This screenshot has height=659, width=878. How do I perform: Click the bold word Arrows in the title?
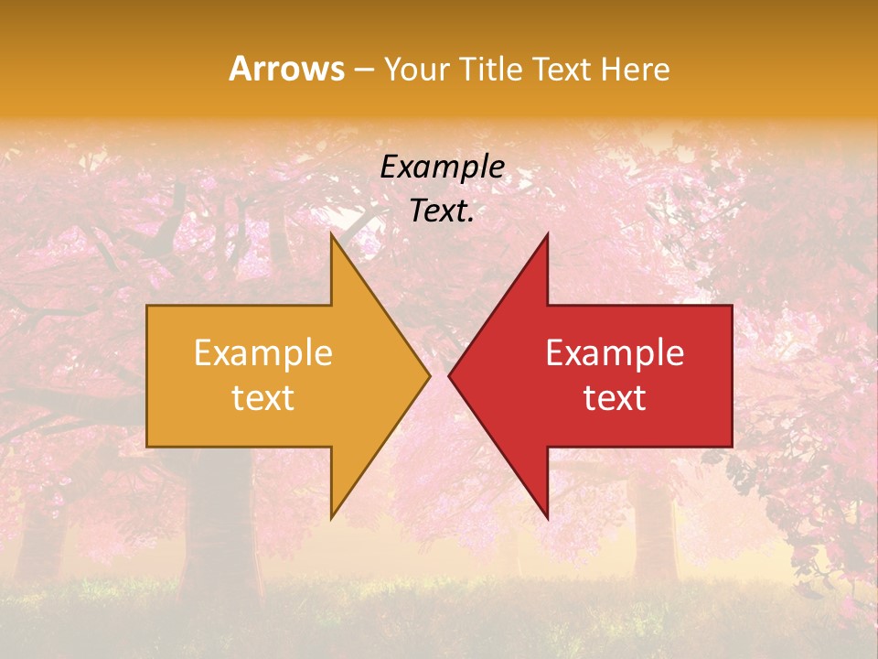(286, 69)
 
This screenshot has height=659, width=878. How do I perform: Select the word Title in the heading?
(491, 69)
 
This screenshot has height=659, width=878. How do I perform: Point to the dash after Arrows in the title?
(363, 70)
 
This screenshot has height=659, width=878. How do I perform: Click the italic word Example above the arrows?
(442, 167)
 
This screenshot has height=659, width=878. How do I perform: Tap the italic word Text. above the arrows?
(442, 211)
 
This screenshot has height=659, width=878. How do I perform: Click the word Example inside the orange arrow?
(263, 352)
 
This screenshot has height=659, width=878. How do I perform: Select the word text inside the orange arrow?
(263, 398)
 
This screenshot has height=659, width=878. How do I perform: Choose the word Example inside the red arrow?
(615, 352)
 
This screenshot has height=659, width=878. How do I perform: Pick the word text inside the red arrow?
(615, 398)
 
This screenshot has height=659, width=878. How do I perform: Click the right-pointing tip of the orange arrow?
(429, 376)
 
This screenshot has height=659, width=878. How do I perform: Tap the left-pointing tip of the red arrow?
(450, 376)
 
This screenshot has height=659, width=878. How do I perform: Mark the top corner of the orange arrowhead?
(332, 235)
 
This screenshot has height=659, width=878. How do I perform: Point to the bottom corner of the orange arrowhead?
(332, 518)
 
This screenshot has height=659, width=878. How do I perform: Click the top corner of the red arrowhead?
(547, 235)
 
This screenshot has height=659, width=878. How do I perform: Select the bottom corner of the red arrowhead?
(547, 518)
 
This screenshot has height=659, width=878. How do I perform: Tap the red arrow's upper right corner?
(731, 307)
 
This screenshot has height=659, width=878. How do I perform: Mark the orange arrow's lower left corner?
(148, 446)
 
